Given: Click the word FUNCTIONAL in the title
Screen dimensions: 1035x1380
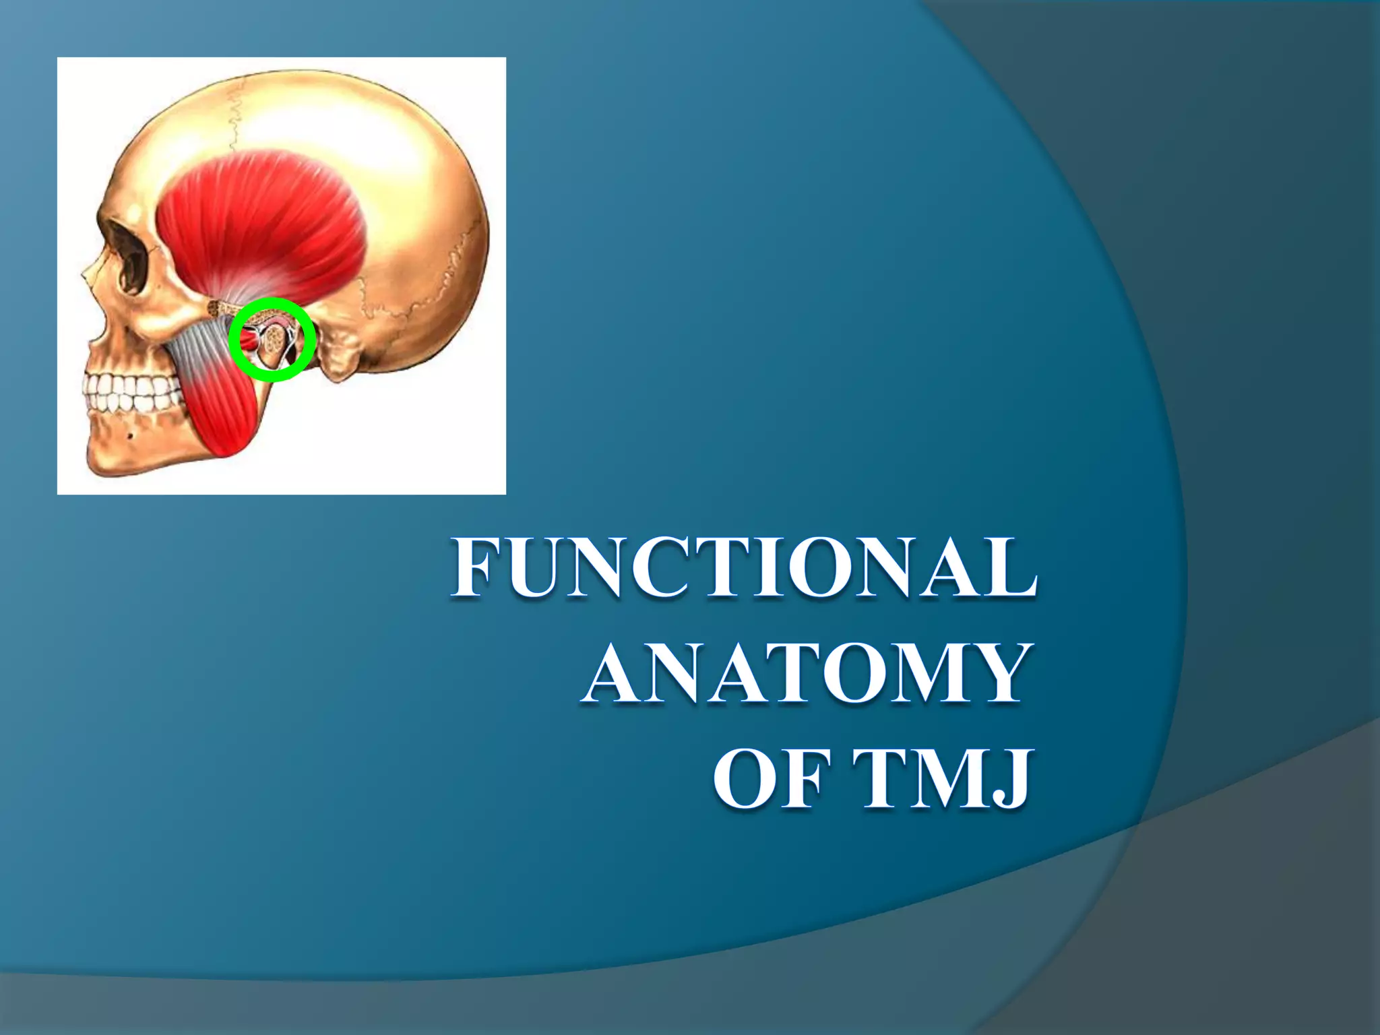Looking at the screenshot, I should tap(744, 568).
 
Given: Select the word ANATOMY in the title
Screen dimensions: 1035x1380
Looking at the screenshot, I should tap(806, 674).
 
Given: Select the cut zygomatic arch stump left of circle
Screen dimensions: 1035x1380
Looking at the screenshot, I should tap(219, 309).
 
